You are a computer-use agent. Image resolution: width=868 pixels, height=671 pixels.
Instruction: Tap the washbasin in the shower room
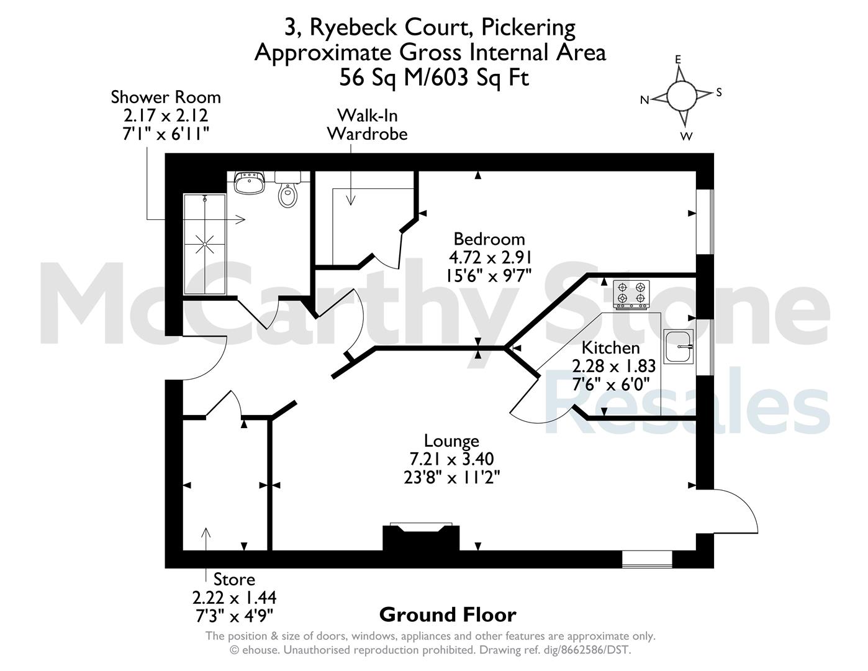(250, 183)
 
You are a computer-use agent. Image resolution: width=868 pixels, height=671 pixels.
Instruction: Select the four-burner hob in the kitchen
(631, 294)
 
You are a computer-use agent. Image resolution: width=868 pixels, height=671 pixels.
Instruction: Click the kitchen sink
(679, 347)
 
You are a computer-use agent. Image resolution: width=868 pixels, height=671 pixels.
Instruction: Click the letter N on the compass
(644, 100)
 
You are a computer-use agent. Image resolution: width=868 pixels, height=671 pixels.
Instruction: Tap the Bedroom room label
(489, 239)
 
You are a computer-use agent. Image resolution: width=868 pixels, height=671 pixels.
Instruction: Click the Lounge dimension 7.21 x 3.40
(452, 459)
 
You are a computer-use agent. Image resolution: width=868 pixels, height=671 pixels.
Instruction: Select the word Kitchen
(611, 348)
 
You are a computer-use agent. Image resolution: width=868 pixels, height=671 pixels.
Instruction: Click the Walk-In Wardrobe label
(368, 125)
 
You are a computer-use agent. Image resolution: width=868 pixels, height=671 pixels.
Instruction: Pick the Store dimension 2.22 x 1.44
(235, 598)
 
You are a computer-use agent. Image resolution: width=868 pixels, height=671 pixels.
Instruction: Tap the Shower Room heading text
(166, 97)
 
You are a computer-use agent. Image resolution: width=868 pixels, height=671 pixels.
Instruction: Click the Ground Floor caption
(448, 614)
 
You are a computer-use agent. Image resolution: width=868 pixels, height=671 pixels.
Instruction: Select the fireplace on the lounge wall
(421, 537)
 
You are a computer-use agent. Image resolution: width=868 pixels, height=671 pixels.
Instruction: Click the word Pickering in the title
(528, 27)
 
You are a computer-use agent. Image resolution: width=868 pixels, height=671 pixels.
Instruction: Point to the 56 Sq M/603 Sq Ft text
(434, 77)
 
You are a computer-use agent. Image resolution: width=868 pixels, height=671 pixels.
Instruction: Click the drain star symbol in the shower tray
(204, 244)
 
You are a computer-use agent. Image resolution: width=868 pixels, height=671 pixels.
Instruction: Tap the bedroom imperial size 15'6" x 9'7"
(489, 276)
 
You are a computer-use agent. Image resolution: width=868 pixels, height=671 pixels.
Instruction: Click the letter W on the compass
(686, 136)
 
